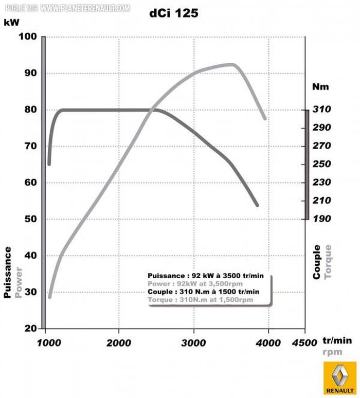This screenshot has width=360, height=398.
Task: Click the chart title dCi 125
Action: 173,14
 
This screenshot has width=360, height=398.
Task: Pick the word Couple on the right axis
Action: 317,262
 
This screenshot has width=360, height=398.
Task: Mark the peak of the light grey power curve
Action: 232,64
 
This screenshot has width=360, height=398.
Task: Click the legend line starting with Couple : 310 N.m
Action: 203,292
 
